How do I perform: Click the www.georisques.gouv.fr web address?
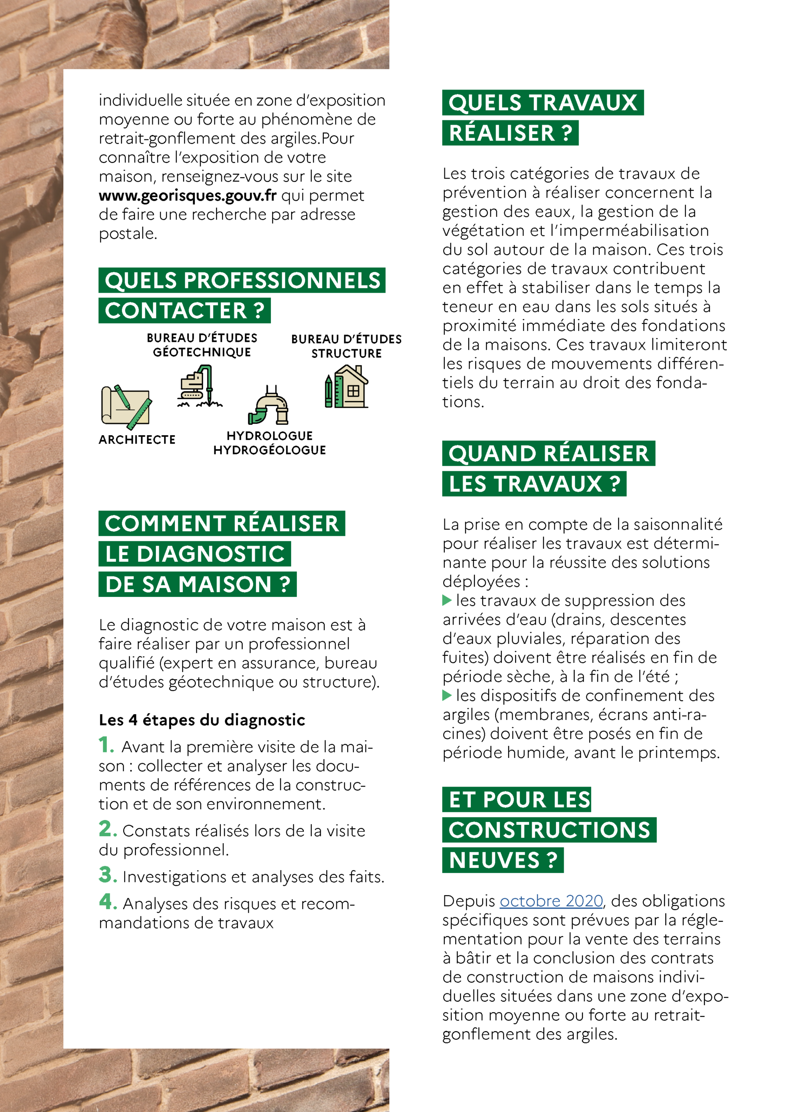(187, 195)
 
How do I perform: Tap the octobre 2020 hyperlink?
(551, 901)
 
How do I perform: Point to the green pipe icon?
(269, 405)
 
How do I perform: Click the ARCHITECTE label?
(137, 440)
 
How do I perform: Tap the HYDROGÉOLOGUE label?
(270, 450)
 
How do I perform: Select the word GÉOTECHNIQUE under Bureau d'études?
(202, 353)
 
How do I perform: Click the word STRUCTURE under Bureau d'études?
(346, 354)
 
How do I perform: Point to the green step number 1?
(106, 745)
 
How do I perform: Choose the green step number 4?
(108, 902)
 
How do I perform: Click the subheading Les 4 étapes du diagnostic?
(202, 720)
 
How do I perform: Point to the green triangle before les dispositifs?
(447, 696)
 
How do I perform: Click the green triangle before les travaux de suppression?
(447, 601)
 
